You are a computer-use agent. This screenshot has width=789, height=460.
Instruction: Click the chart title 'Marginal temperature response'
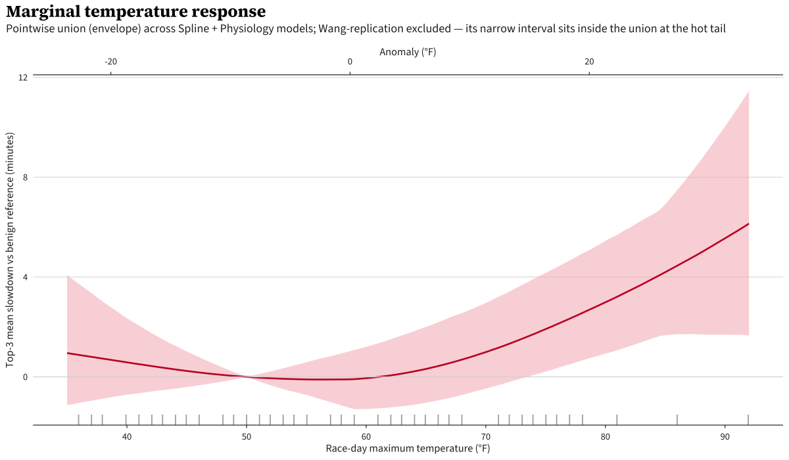click(x=136, y=12)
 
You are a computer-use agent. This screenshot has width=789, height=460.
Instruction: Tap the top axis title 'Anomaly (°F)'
click(x=408, y=51)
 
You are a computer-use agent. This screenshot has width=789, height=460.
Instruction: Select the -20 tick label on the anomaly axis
click(x=110, y=62)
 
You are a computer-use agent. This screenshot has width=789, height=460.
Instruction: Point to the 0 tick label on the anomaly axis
click(x=350, y=62)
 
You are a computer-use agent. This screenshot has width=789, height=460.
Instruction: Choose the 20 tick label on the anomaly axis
click(x=589, y=62)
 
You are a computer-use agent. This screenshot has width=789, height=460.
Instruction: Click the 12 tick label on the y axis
click(x=23, y=78)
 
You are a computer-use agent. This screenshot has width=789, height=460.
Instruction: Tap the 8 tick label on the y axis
click(x=25, y=177)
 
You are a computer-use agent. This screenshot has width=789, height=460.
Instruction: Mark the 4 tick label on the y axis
click(x=25, y=277)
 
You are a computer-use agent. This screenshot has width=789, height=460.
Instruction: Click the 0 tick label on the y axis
click(x=25, y=377)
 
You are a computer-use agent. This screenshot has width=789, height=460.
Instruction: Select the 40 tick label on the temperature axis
click(x=126, y=436)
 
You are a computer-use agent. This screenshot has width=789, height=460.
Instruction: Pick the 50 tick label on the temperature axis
click(x=246, y=436)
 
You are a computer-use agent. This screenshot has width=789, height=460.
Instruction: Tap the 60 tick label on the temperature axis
click(x=366, y=436)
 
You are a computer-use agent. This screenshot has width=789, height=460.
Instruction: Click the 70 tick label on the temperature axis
click(x=485, y=436)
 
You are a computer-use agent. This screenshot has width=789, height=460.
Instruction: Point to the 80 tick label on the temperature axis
click(x=605, y=436)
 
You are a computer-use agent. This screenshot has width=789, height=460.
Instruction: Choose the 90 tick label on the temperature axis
click(x=725, y=436)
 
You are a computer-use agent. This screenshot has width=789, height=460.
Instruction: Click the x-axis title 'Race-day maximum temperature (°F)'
click(x=408, y=449)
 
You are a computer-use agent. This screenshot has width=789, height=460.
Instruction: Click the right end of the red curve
click(x=748, y=224)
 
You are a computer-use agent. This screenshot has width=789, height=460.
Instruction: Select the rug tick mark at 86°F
click(x=677, y=419)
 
